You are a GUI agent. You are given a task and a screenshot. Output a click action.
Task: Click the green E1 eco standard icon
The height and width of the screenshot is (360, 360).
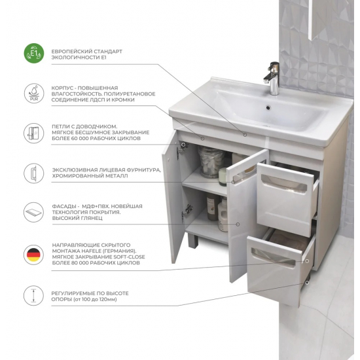click(x=34, y=53)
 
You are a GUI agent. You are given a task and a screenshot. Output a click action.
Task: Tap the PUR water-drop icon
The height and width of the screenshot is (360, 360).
click(x=34, y=93)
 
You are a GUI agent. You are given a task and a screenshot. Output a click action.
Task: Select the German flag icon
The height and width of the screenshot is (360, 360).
click(x=33, y=255)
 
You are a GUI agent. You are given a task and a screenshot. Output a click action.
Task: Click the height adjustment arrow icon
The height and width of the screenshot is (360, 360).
click(x=33, y=295)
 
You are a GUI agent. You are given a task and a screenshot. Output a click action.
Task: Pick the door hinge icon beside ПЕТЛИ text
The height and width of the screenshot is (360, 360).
click(x=34, y=133)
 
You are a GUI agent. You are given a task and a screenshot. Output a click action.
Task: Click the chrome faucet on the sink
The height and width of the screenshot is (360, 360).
click(x=272, y=79)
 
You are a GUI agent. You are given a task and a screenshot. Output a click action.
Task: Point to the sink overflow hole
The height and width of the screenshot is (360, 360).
click(x=268, y=107)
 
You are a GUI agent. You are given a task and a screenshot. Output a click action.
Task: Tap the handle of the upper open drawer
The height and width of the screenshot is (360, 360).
click(x=283, y=183)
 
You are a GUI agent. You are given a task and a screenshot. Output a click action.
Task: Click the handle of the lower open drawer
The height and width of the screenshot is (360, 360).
click(x=273, y=257)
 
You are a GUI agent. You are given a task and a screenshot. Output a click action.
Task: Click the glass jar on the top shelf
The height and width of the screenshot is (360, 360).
click(x=211, y=162)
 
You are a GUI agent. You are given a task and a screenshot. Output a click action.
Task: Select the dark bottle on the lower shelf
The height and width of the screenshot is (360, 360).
click(x=213, y=207)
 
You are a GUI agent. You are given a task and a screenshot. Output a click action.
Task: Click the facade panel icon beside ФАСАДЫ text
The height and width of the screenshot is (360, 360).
click(x=33, y=212)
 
